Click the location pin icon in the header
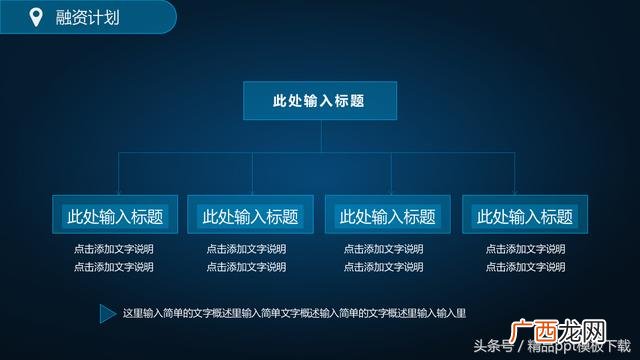click(x=37, y=16)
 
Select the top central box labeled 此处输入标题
click(x=319, y=101)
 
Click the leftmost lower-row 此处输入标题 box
click(x=115, y=216)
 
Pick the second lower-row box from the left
click(x=250, y=216)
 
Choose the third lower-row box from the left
click(x=388, y=216)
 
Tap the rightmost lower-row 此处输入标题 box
click(x=524, y=216)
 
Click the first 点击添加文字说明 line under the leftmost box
click(x=114, y=249)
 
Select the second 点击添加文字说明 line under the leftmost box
click(x=114, y=267)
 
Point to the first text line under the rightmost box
click(x=525, y=249)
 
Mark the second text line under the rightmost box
click(x=525, y=267)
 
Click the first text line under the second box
click(x=246, y=249)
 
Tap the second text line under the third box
click(x=384, y=267)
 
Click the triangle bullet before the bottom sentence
click(x=107, y=314)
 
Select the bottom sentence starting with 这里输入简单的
click(x=293, y=314)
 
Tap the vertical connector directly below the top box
click(x=319, y=137)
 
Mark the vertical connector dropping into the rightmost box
click(x=515, y=174)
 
